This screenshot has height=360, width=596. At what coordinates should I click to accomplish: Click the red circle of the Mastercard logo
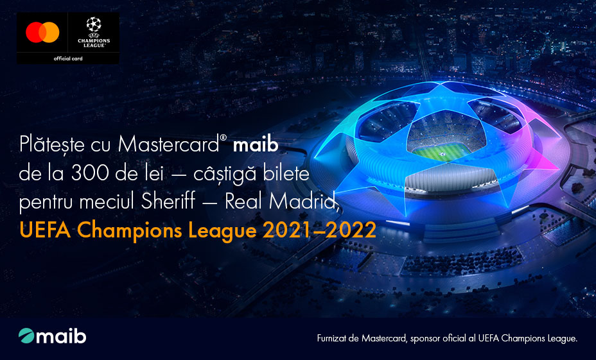34,32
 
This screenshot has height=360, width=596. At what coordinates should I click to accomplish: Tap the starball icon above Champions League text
94,24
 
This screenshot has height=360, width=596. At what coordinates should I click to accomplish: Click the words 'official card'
68,58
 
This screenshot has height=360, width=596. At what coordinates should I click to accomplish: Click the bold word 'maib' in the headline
256,145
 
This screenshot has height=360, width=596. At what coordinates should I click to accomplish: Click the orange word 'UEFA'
45,230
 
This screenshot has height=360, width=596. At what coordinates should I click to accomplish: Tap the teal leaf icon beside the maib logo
26,336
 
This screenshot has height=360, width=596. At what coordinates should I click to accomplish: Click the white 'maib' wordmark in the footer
61,336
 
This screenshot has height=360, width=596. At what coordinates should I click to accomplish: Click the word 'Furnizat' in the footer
333,338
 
